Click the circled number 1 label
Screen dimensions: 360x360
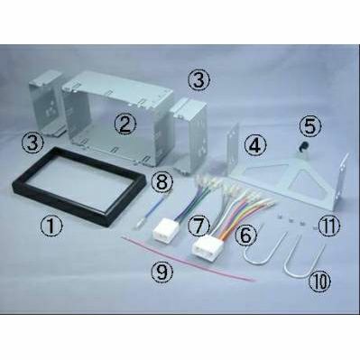[51, 226]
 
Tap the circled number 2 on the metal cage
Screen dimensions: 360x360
[125, 125]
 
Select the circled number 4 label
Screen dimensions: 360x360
[255, 144]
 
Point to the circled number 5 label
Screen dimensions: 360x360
[310, 125]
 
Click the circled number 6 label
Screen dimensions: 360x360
[245, 235]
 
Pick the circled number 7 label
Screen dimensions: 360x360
[198, 226]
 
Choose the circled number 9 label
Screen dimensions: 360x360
[162, 272]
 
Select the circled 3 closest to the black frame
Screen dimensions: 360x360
[32, 143]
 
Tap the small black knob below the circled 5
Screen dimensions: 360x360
[301, 146]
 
